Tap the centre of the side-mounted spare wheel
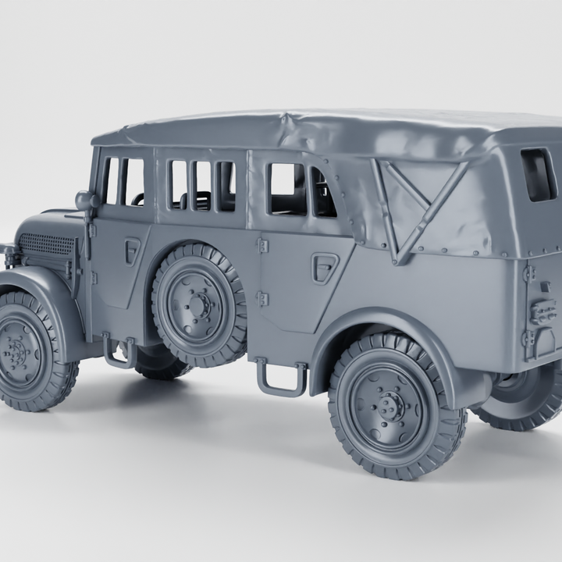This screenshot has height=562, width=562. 201,304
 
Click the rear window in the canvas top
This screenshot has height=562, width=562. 539,174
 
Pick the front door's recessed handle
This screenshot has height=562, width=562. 133,249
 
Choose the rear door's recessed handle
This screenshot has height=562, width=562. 324,267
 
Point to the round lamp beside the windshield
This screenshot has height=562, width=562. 84,200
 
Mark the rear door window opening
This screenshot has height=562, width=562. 287,189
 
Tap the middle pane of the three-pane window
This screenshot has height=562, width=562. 202,186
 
